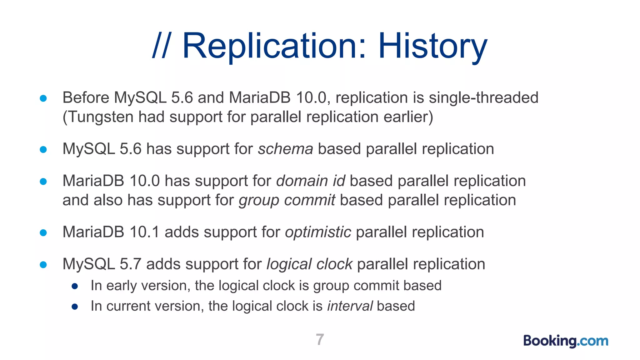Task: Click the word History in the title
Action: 432,46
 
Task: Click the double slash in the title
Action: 161,46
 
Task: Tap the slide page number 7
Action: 320,339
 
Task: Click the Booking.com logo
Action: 566,341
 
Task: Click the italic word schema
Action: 285,149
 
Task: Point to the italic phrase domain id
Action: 310,181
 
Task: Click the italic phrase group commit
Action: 287,200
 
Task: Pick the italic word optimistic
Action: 318,232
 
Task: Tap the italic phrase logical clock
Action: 309,264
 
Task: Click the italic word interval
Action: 350,306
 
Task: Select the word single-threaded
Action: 483,97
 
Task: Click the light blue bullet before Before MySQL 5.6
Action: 43,98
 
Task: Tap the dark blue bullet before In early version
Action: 75,286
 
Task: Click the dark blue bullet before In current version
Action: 75,307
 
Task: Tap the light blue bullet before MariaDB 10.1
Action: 43,233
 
